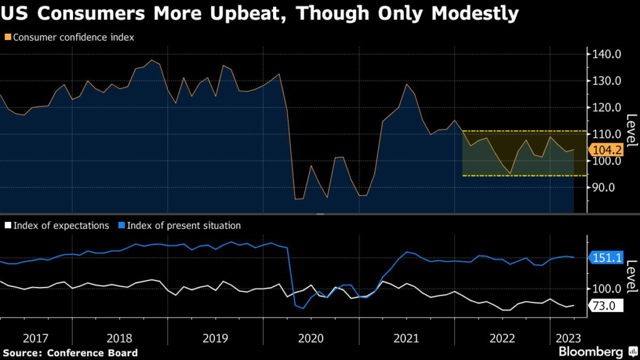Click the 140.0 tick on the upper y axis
(x=607, y=54)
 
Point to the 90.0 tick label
(x=607, y=187)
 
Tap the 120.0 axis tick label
(x=607, y=107)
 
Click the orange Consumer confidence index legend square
(x=6, y=37)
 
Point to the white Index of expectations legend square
(x=6, y=226)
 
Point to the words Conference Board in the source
(x=94, y=353)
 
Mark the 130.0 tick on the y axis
(x=607, y=81)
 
